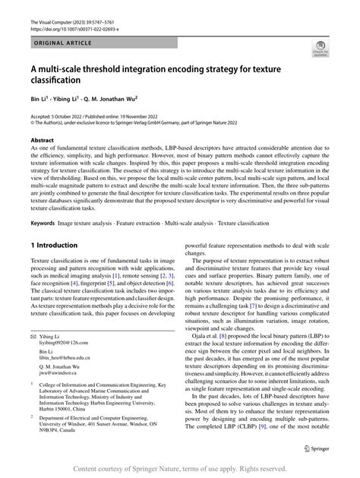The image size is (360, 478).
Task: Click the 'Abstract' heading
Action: tap(42, 141)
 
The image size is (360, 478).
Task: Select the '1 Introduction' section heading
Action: tap(54, 245)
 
